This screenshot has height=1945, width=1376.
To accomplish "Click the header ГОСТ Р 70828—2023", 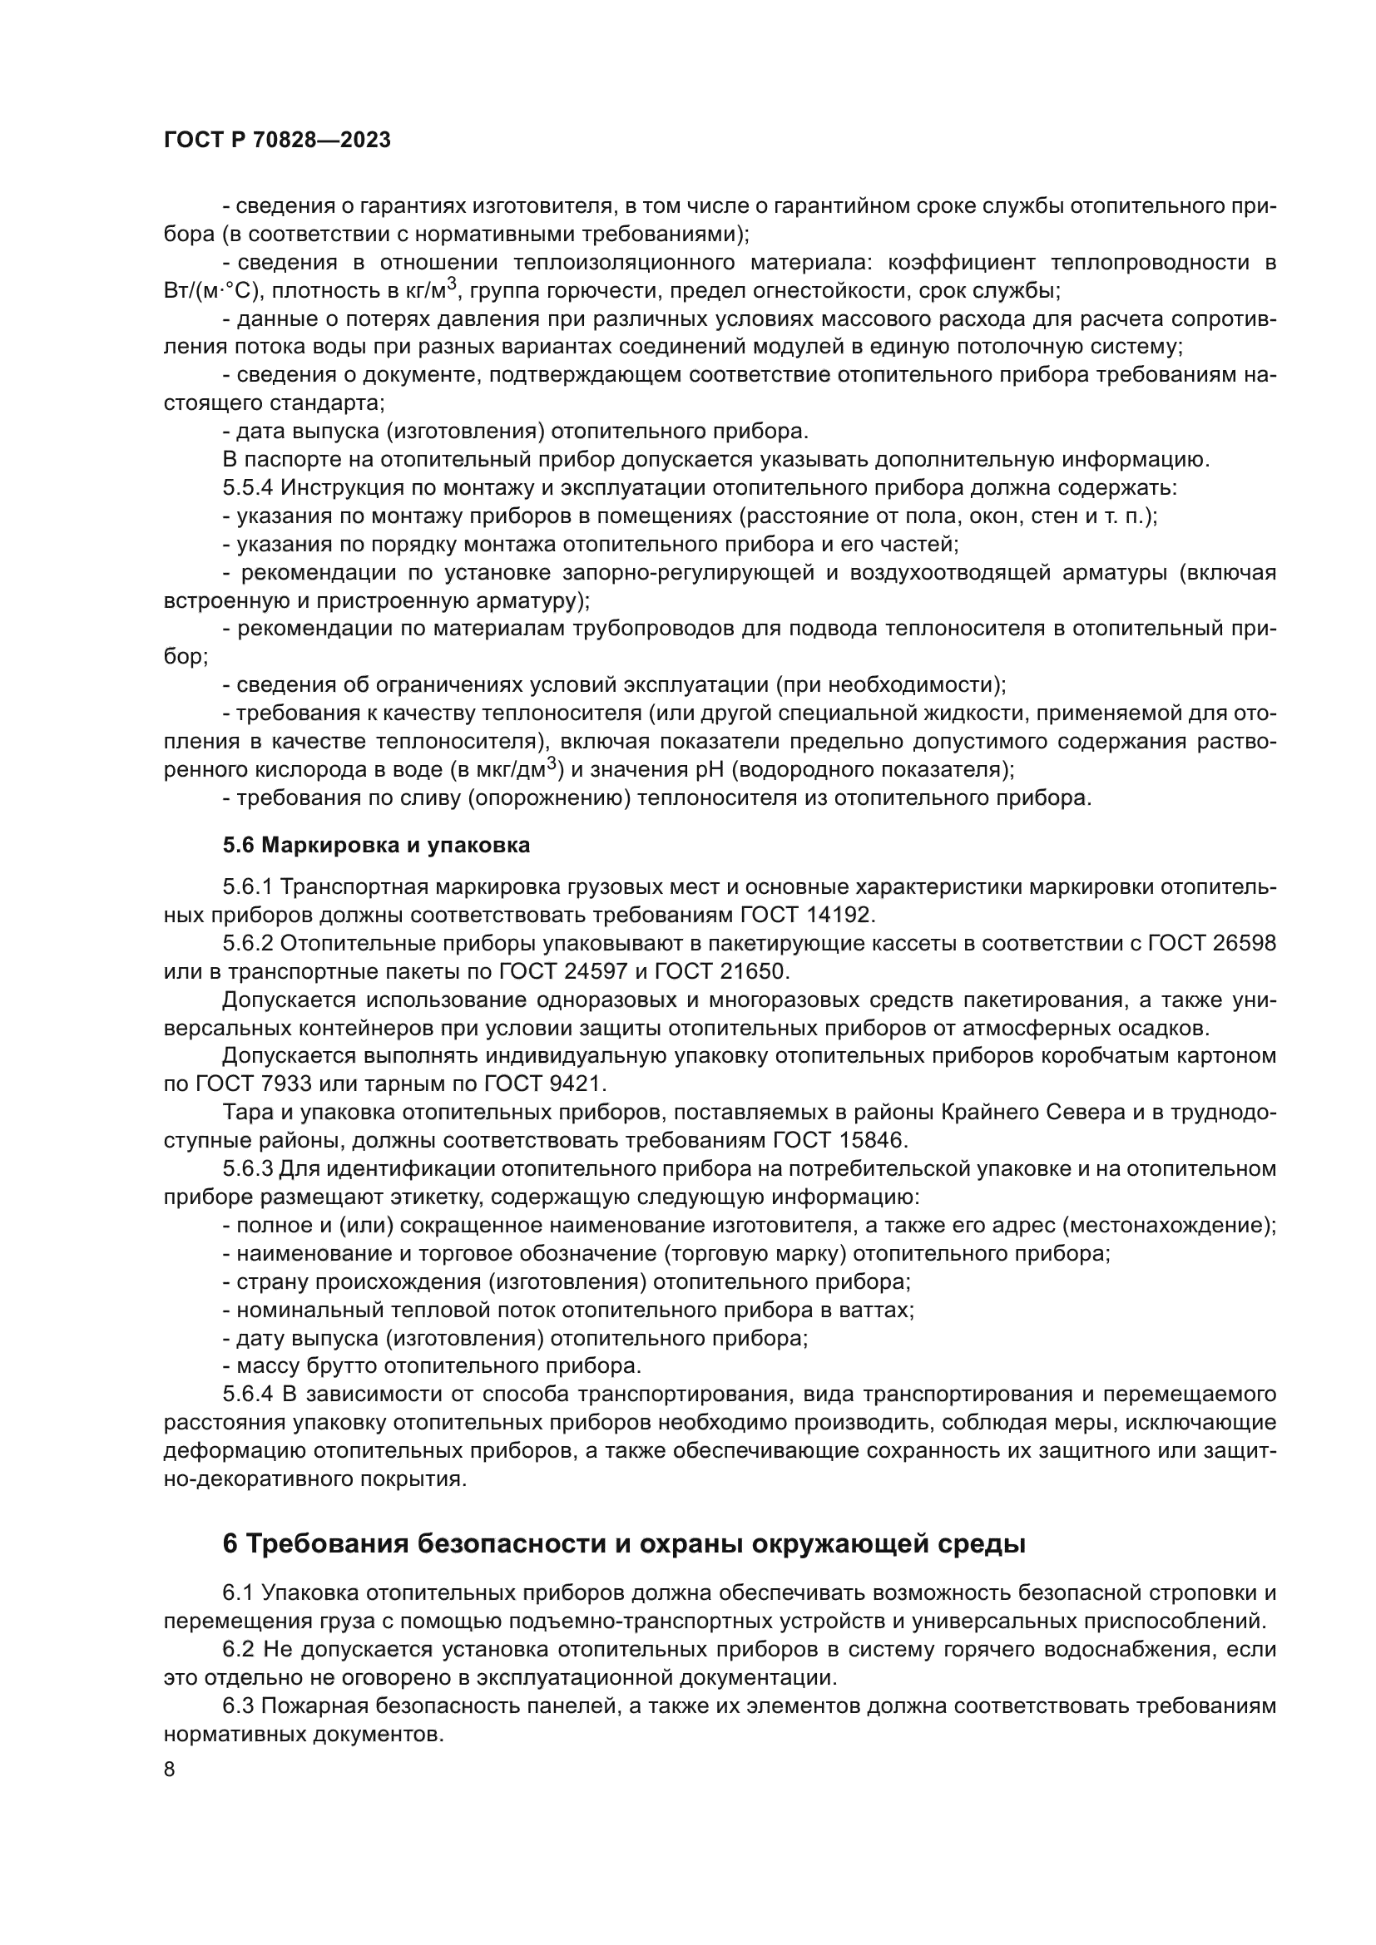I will tap(277, 141).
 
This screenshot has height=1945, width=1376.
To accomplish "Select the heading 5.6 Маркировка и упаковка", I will tap(376, 845).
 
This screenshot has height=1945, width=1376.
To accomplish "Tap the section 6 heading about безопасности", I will tap(624, 1543).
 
